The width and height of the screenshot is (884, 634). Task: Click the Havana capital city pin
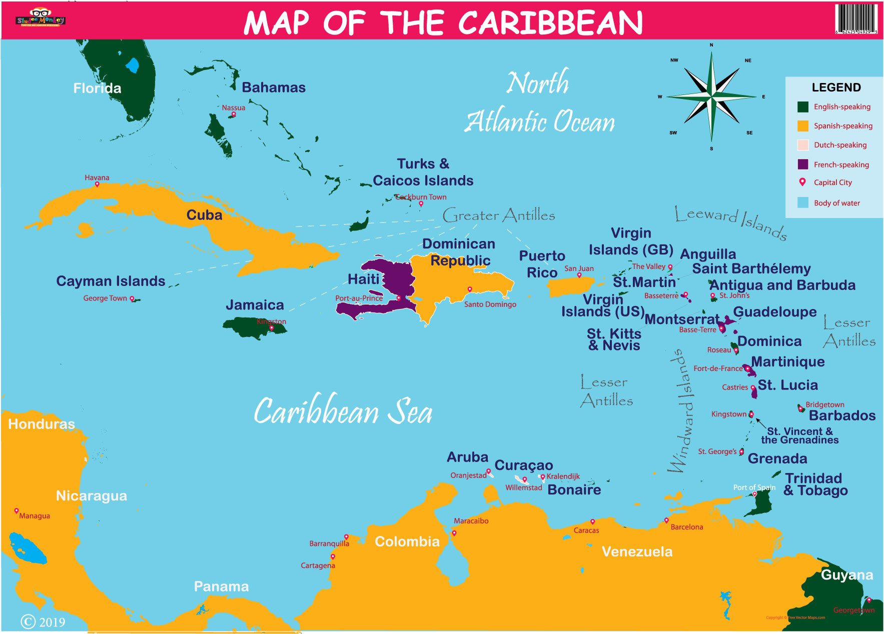97,184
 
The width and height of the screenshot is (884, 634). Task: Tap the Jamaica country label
255,304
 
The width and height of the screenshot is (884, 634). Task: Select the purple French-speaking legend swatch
803,164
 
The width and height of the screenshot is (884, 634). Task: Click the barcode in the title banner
856,18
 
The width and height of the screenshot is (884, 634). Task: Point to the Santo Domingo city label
490,304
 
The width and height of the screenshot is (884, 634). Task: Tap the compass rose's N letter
711,45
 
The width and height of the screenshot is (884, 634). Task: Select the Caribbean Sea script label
343,411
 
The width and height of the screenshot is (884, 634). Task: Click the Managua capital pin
17,510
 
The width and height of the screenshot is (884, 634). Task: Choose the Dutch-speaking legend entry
840,145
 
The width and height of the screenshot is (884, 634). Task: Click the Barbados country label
842,415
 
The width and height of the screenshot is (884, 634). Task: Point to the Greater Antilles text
499,215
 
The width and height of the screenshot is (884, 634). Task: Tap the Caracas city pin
592,521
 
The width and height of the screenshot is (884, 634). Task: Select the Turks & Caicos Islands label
423,172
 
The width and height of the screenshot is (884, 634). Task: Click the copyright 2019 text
43,621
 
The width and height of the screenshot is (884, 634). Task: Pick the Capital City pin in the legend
802,182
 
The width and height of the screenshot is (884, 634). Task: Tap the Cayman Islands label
111,281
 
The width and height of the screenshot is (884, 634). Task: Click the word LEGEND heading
836,87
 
